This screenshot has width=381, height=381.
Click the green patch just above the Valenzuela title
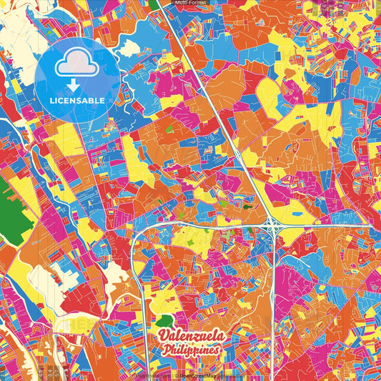click(166, 321)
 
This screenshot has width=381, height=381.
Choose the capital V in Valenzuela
click(164, 336)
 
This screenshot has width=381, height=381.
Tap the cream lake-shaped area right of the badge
click(129, 49)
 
